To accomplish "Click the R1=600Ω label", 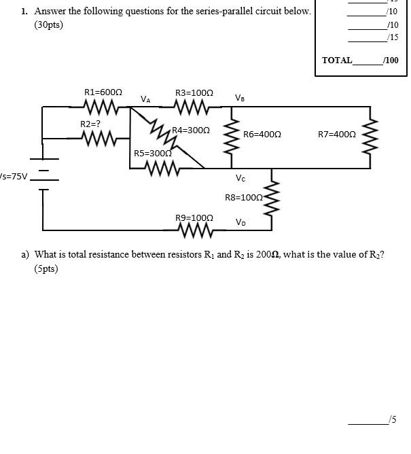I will coord(103,92).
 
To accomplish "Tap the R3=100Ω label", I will coord(194,92).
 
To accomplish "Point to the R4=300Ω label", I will coord(190,130).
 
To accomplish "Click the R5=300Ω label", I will coord(152,154).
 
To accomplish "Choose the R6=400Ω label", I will coord(262,135).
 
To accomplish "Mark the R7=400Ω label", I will coord(336,135).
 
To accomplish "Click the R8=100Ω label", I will coord(243,197).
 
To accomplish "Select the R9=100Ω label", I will coord(194,218).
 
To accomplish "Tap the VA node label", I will coord(145,99).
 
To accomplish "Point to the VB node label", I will coord(240,98).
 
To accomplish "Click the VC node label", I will coord(240,179).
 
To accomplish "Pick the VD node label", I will coord(240,222).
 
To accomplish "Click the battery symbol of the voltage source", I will coord(44,174).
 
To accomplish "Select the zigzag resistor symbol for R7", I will coord(371,135).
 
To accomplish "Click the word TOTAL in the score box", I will coord(336,60).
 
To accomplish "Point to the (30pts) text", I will coord(48,26).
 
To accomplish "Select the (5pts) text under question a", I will coord(46,268).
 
